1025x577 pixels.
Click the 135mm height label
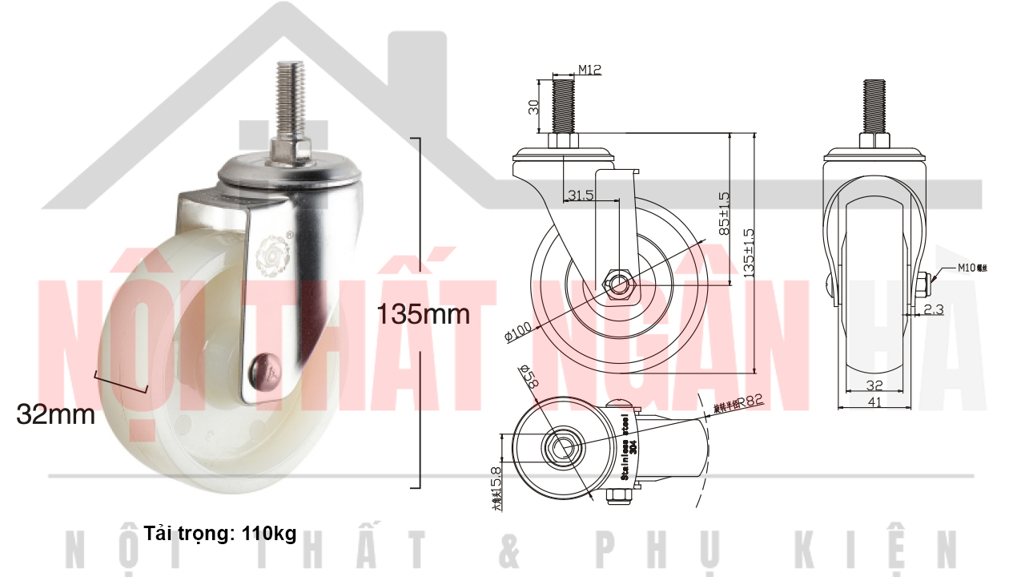coord(424,313)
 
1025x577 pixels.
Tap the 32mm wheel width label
coord(55,414)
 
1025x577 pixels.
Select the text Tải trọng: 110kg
coord(220,534)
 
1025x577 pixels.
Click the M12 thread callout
coord(589,71)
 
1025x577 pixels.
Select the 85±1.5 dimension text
coord(723,212)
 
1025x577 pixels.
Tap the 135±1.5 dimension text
coord(749,252)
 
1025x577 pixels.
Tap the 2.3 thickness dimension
coord(934,308)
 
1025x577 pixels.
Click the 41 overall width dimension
coord(874,403)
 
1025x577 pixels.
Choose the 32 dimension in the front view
coord(874,385)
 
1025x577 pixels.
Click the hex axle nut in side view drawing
coord(619,284)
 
